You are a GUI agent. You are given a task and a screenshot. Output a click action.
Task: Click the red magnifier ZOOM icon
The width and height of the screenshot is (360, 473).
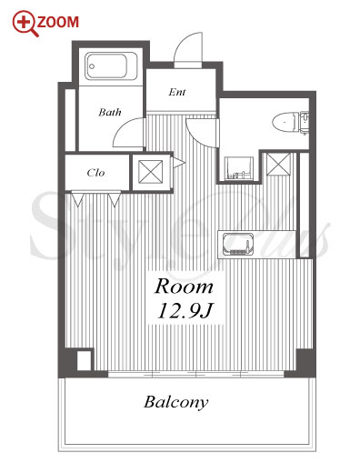tap(25, 23)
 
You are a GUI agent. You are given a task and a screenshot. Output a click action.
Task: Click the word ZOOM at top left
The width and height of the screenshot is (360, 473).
tap(58, 22)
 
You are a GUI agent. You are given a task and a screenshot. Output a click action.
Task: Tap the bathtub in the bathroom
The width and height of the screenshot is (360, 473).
tap(111, 66)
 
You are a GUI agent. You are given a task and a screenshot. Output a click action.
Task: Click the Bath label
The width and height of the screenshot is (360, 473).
tap(110, 113)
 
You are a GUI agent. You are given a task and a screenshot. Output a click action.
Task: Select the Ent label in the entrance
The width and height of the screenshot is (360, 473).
tap(177, 92)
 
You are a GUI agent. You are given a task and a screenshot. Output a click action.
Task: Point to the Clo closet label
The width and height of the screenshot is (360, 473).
tap(95, 173)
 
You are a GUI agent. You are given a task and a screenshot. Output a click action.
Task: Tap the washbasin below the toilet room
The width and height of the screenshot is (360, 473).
tap(239, 168)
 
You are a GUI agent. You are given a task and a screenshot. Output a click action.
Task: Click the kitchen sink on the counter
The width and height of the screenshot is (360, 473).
tap(237, 244)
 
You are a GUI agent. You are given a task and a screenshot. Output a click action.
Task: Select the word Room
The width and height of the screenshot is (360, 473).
tap(184, 287)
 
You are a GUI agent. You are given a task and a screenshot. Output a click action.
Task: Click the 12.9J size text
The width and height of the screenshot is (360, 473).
tap(185, 310)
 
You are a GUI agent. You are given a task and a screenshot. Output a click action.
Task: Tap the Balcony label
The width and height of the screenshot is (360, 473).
tap(176, 403)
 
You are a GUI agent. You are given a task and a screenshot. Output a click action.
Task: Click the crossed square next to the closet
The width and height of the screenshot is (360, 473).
tap(151, 172)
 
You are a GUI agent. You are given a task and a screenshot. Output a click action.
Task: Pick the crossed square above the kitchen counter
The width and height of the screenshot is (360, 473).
tap(278, 164)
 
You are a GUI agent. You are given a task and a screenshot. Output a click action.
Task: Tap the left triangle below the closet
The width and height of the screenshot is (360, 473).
tap(77, 199)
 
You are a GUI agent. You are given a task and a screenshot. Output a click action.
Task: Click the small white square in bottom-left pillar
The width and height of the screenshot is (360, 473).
tap(84, 360)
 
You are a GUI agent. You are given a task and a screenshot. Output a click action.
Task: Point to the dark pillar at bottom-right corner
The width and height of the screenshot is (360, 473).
tap(305, 362)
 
